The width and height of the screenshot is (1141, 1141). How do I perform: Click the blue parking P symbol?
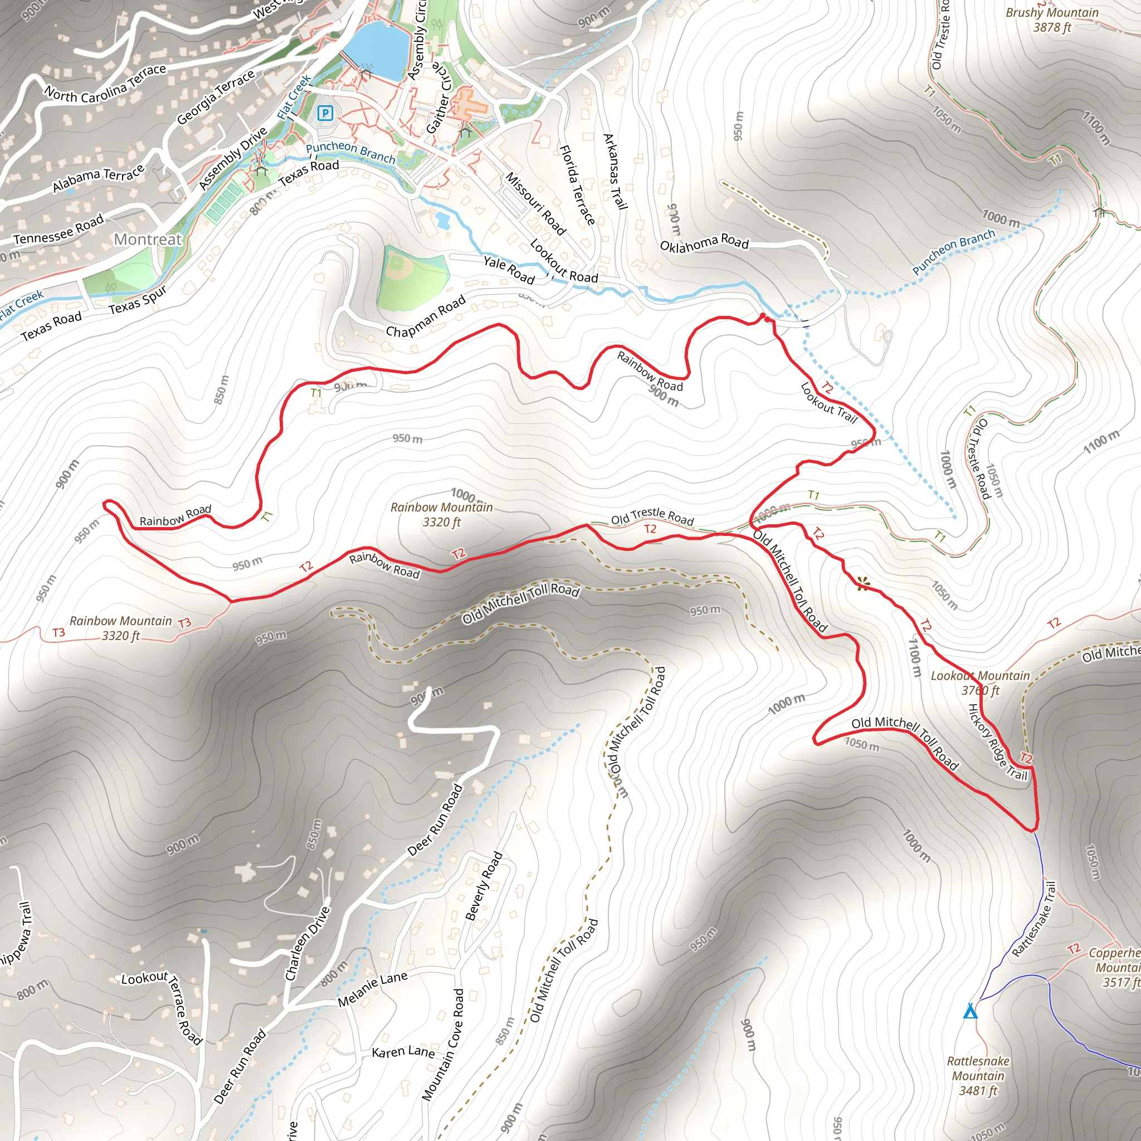click(x=325, y=113)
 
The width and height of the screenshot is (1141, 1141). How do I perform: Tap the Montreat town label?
click(x=148, y=239)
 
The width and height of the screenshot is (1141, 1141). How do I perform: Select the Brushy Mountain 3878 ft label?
click(x=1052, y=19)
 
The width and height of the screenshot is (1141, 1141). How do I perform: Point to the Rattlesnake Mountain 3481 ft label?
click(x=978, y=1075)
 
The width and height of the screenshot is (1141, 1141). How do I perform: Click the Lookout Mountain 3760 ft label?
click(x=981, y=682)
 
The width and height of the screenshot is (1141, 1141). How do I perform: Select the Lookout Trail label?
click(x=828, y=403)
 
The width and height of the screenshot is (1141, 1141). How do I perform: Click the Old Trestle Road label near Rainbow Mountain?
click(x=652, y=518)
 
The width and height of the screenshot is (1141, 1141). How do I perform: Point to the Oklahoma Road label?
click(x=704, y=243)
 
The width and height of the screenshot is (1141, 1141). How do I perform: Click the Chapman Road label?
click(x=425, y=317)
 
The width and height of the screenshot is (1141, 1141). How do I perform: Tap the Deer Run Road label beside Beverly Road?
click(x=435, y=820)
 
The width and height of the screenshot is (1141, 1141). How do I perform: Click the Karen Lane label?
click(x=403, y=1052)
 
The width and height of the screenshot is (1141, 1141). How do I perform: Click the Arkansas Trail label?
click(x=615, y=172)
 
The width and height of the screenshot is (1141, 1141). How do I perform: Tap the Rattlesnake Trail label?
click(x=1033, y=919)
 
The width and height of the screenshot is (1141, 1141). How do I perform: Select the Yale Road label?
click(x=509, y=269)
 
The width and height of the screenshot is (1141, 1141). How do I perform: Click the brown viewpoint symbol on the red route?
click(x=863, y=584)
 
